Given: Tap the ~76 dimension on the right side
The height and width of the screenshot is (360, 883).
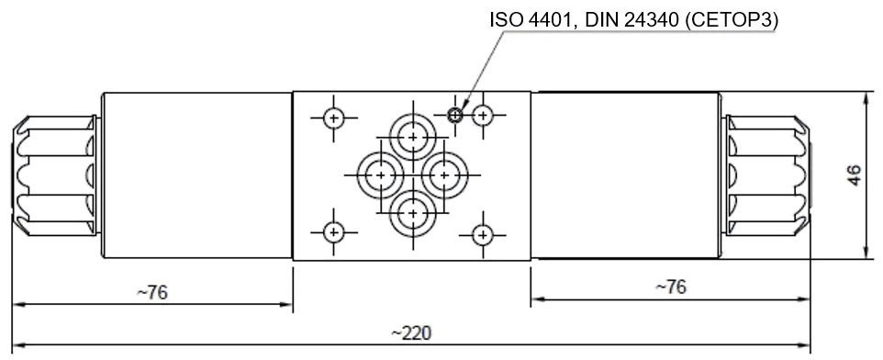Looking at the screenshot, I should point(670,287).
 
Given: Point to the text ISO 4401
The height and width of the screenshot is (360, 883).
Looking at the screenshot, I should point(522,19).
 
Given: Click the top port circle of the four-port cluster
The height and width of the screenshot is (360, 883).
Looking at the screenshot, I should point(412,137).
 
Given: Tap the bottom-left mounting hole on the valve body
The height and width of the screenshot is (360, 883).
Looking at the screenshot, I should point(333,231).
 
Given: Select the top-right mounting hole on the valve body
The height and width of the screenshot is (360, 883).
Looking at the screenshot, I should point(484,115).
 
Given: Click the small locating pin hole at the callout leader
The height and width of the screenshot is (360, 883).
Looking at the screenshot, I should point(454,115).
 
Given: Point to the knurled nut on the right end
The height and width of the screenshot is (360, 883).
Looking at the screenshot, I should point(768,174).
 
